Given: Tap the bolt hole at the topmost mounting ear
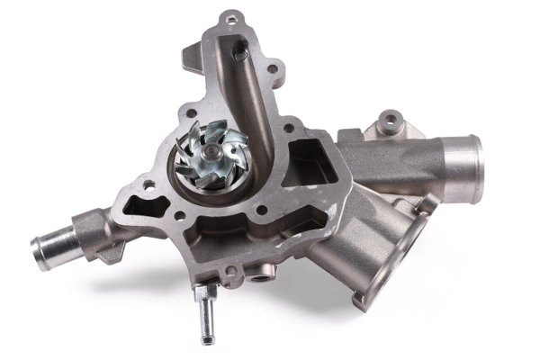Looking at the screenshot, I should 232,18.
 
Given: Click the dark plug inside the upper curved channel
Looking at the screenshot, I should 240,54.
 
